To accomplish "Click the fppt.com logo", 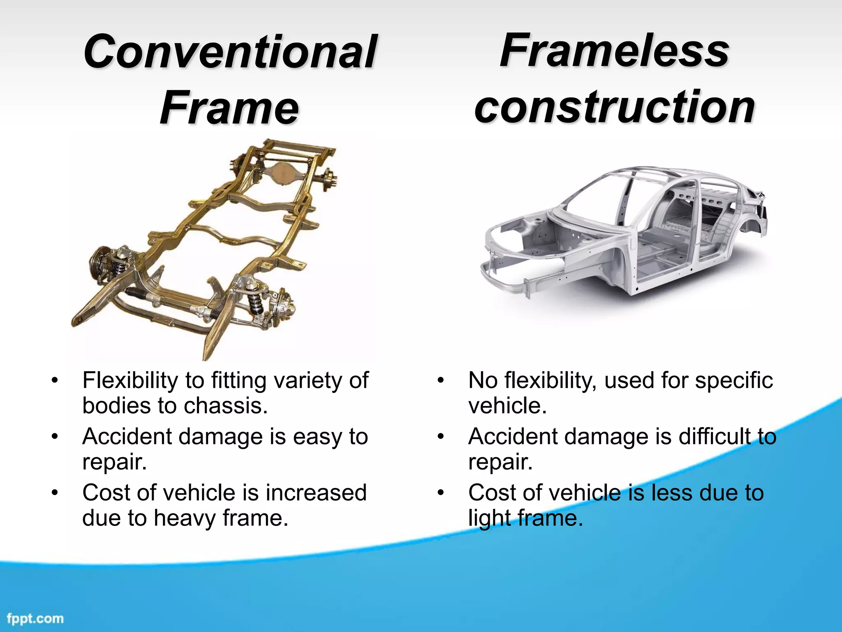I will click(35, 618).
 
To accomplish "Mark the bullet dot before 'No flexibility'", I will click(441, 380).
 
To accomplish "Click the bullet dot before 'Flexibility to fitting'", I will click(55, 380).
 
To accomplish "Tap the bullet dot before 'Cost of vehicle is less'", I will click(441, 493).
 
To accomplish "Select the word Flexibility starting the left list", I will click(130, 380).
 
